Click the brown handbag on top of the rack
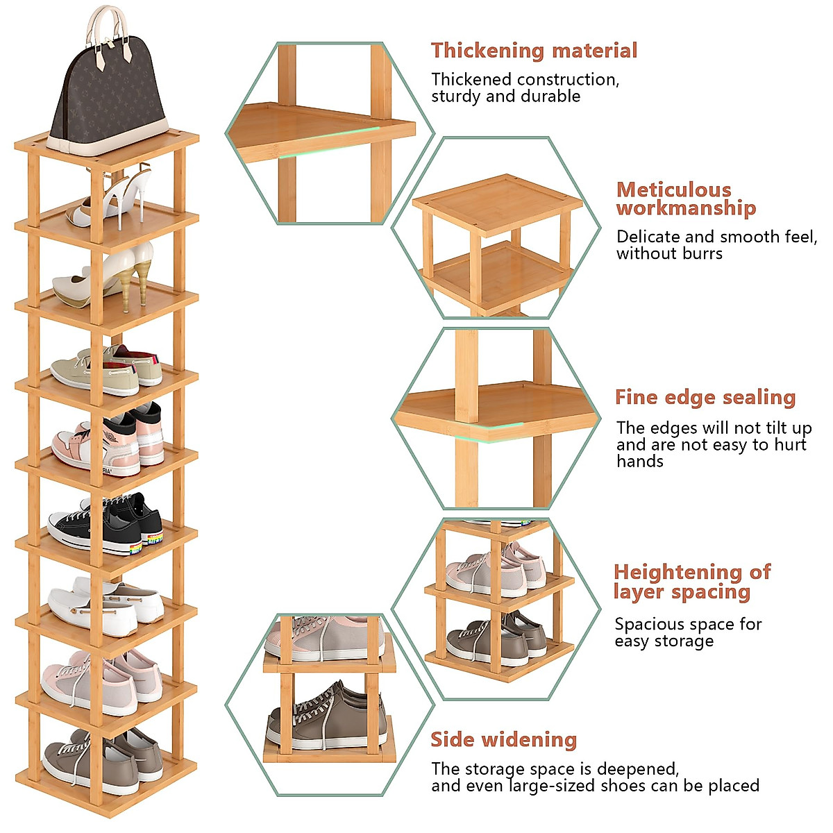tap(109, 97)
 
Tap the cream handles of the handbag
tap(108, 28)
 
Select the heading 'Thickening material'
tap(534, 51)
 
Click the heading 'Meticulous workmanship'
tap(686, 199)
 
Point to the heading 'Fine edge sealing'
tap(705, 398)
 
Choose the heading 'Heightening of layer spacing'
tap(691, 582)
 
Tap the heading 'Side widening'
tap(503, 740)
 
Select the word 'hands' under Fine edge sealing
tap(639, 462)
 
